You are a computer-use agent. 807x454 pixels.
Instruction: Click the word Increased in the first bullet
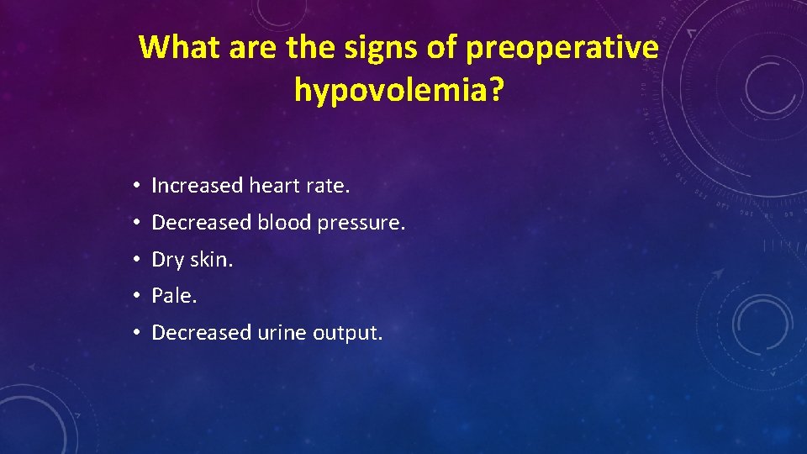197,186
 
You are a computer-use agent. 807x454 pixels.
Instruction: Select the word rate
329,186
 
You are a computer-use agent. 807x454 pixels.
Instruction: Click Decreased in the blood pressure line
202,223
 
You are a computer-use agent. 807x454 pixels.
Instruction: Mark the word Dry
167,261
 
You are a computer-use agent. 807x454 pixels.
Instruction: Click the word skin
211,260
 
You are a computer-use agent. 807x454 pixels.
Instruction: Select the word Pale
171,296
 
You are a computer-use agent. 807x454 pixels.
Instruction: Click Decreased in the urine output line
202,333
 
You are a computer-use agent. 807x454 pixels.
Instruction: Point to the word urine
282,334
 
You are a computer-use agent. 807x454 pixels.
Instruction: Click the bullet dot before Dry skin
135,261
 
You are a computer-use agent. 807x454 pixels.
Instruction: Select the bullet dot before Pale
135,297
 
